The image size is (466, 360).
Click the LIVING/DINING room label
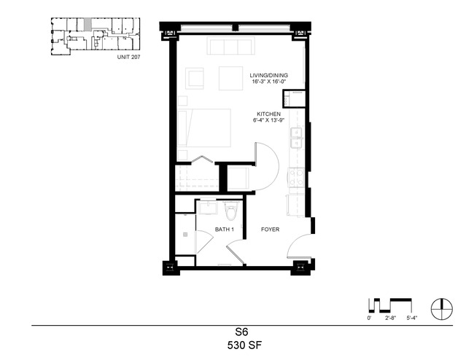click(268, 76)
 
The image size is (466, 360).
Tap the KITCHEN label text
click(268, 114)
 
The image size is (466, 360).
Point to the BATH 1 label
click(225, 230)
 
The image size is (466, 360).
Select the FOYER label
click(270, 230)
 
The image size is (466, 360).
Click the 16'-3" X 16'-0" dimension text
click(268, 82)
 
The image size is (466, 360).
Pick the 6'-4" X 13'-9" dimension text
click(268, 120)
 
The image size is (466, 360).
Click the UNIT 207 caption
click(128, 57)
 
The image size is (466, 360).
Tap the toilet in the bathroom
click(231, 210)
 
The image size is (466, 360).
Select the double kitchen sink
click(296, 138)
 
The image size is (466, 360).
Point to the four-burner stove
click(296, 177)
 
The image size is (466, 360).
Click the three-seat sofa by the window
click(231, 46)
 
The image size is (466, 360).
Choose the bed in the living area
click(204, 128)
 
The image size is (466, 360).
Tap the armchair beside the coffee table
click(195, 79)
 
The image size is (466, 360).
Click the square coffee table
click(231, 78)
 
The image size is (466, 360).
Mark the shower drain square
click(185, 235)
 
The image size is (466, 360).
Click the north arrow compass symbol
click(442, 308)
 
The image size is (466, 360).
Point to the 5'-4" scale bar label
click(412, 318)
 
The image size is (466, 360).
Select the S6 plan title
click(242, 332)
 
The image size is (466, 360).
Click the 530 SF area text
click(244, 345)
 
